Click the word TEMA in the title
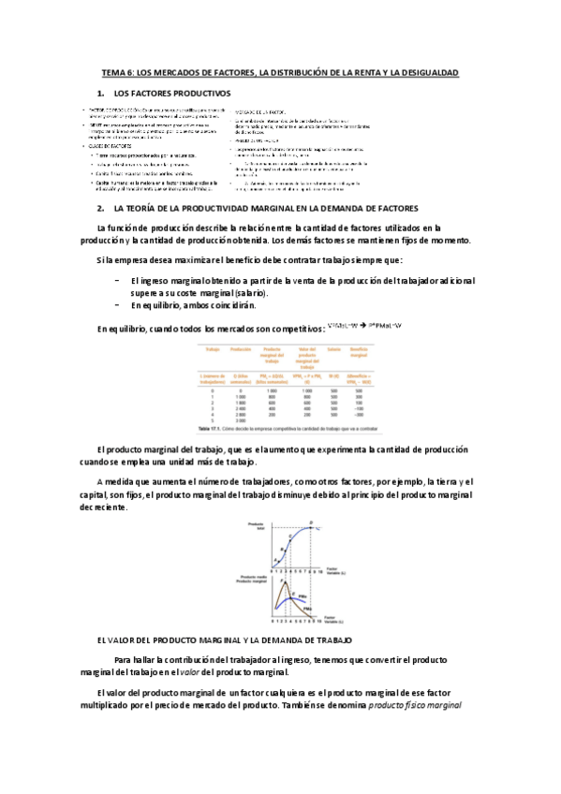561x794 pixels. [x=112, y=72]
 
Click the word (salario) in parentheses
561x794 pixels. [x=223, y=292]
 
